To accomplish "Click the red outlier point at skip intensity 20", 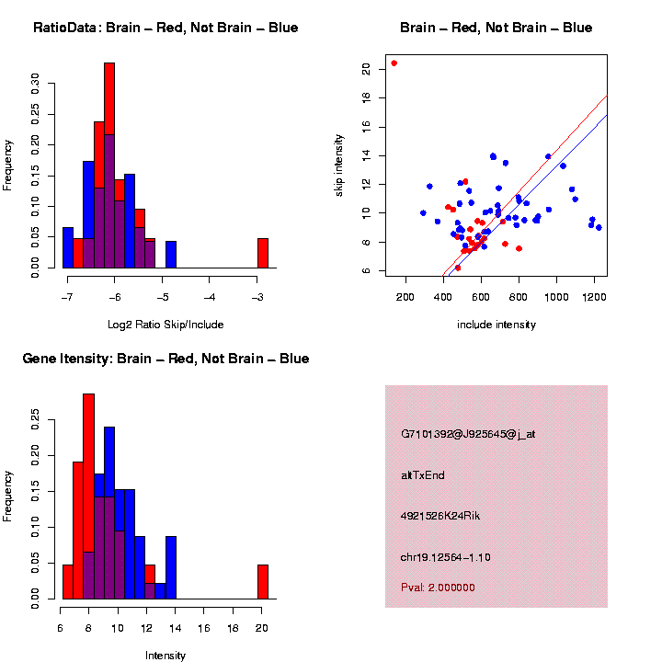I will (394, 63).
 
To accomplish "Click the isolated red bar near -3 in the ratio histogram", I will (263, 253).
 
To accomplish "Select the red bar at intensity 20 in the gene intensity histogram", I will (263, 582).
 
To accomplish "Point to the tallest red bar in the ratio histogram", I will (109, 165).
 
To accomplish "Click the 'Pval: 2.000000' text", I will (438, 588).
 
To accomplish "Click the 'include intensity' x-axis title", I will (496, 325).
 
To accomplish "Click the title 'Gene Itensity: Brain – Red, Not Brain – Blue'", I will (165, 359).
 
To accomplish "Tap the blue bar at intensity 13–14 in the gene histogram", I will (171, 567).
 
